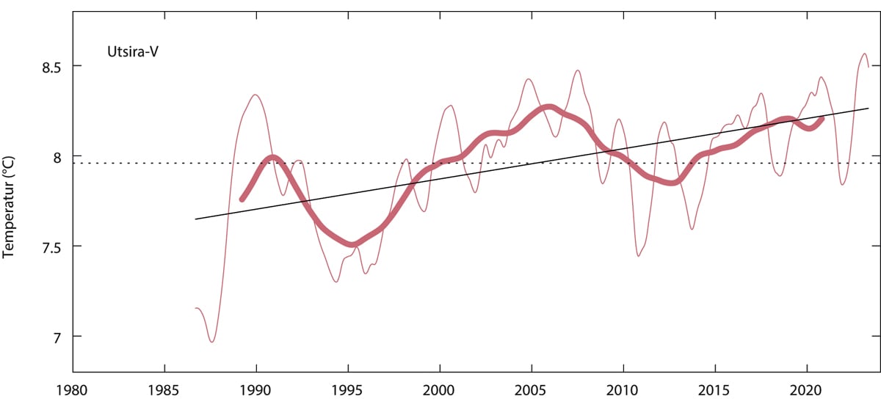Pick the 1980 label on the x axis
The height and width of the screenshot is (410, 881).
coord(72,392)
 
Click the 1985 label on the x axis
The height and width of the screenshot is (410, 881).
coord(164,392)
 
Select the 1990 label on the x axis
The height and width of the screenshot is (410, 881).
coord(255,392)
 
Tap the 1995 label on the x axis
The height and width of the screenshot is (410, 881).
coord(347,392)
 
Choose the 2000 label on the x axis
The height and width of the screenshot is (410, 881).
coord(439,392)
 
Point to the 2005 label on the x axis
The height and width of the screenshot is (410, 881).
coord(531,392)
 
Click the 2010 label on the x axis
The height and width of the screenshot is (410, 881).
coord(623,392)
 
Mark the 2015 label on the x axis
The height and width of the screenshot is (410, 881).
coord(714,392)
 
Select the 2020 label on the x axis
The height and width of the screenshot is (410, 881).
coord(806,392)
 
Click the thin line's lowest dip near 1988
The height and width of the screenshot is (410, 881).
coord(212,342)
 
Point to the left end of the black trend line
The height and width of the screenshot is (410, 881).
coord(195,219)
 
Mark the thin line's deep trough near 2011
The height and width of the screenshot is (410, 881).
coord(639,255)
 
